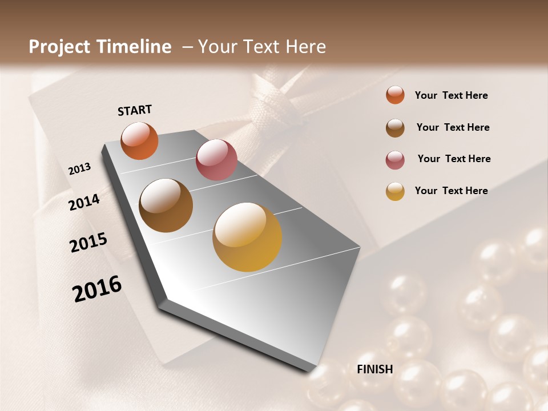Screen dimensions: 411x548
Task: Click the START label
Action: (135, 110)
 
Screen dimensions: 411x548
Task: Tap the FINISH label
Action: (375, 369)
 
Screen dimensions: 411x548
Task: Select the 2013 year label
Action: (80, 169)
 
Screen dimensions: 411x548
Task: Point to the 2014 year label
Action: (84, 202)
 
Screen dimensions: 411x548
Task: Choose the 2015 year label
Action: (88, 242)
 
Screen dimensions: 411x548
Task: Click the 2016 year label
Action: (97, 288)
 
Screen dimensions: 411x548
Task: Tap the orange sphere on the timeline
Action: (139, 140)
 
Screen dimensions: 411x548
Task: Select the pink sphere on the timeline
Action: (216, 160)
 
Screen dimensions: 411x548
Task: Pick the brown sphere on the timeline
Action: (166, 205)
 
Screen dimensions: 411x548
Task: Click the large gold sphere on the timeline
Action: (247, 237)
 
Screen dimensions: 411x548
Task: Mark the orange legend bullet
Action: (395, 95)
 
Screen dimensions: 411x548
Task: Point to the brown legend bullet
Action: (395, 127)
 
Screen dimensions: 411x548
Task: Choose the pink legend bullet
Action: (395, 159)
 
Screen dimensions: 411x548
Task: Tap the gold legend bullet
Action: (395, 191)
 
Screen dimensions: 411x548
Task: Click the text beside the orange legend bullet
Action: (451, 95)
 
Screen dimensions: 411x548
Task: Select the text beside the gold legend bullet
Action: (451, 191)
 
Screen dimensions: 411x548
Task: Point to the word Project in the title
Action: (59, 47)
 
